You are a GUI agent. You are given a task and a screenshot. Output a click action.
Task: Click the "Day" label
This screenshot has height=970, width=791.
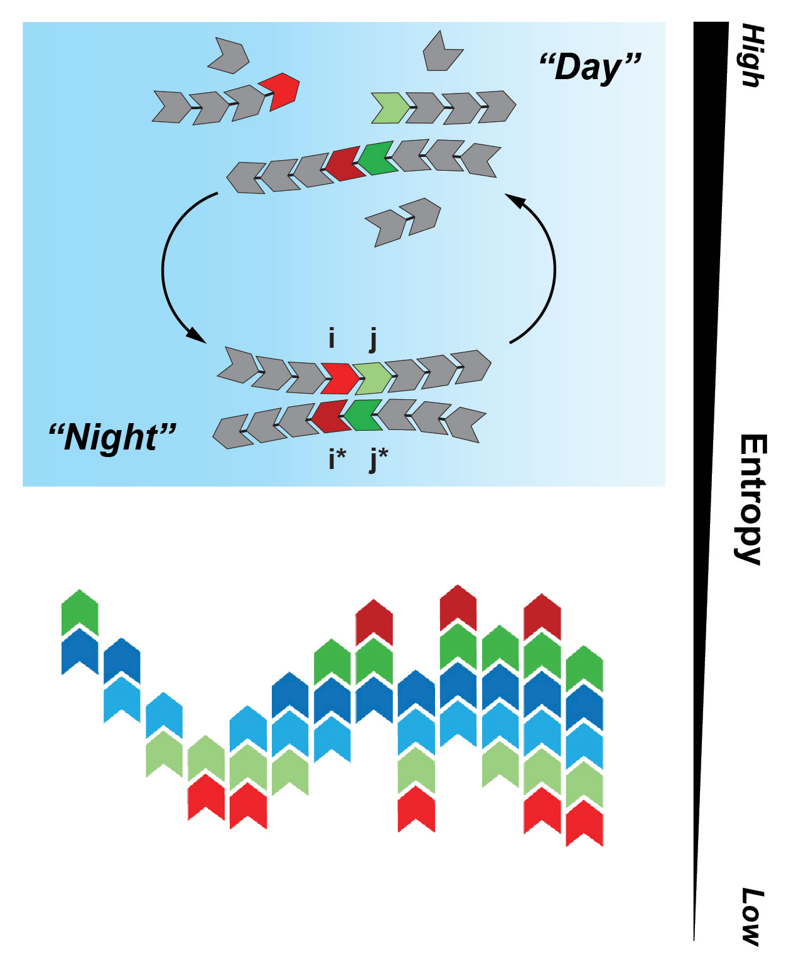(590, 67)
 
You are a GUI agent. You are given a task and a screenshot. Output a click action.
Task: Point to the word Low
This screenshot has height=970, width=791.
(751, 916)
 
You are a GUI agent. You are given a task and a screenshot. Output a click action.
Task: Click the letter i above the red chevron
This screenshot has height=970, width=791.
(331, 339)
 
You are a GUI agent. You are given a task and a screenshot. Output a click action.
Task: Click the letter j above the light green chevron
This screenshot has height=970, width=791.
(374, 340)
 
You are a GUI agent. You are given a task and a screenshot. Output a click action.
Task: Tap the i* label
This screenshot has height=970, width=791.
(336, 459)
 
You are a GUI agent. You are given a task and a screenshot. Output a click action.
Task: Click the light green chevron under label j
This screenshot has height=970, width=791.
(373, 378)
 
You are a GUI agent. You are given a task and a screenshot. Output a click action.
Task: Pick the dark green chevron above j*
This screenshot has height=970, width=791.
(363, 414)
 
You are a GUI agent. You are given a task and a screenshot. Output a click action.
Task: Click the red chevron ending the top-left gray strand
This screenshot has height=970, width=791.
(280, 90)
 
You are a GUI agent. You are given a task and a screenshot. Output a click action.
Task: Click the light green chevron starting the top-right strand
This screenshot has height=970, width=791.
(389, 107)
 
